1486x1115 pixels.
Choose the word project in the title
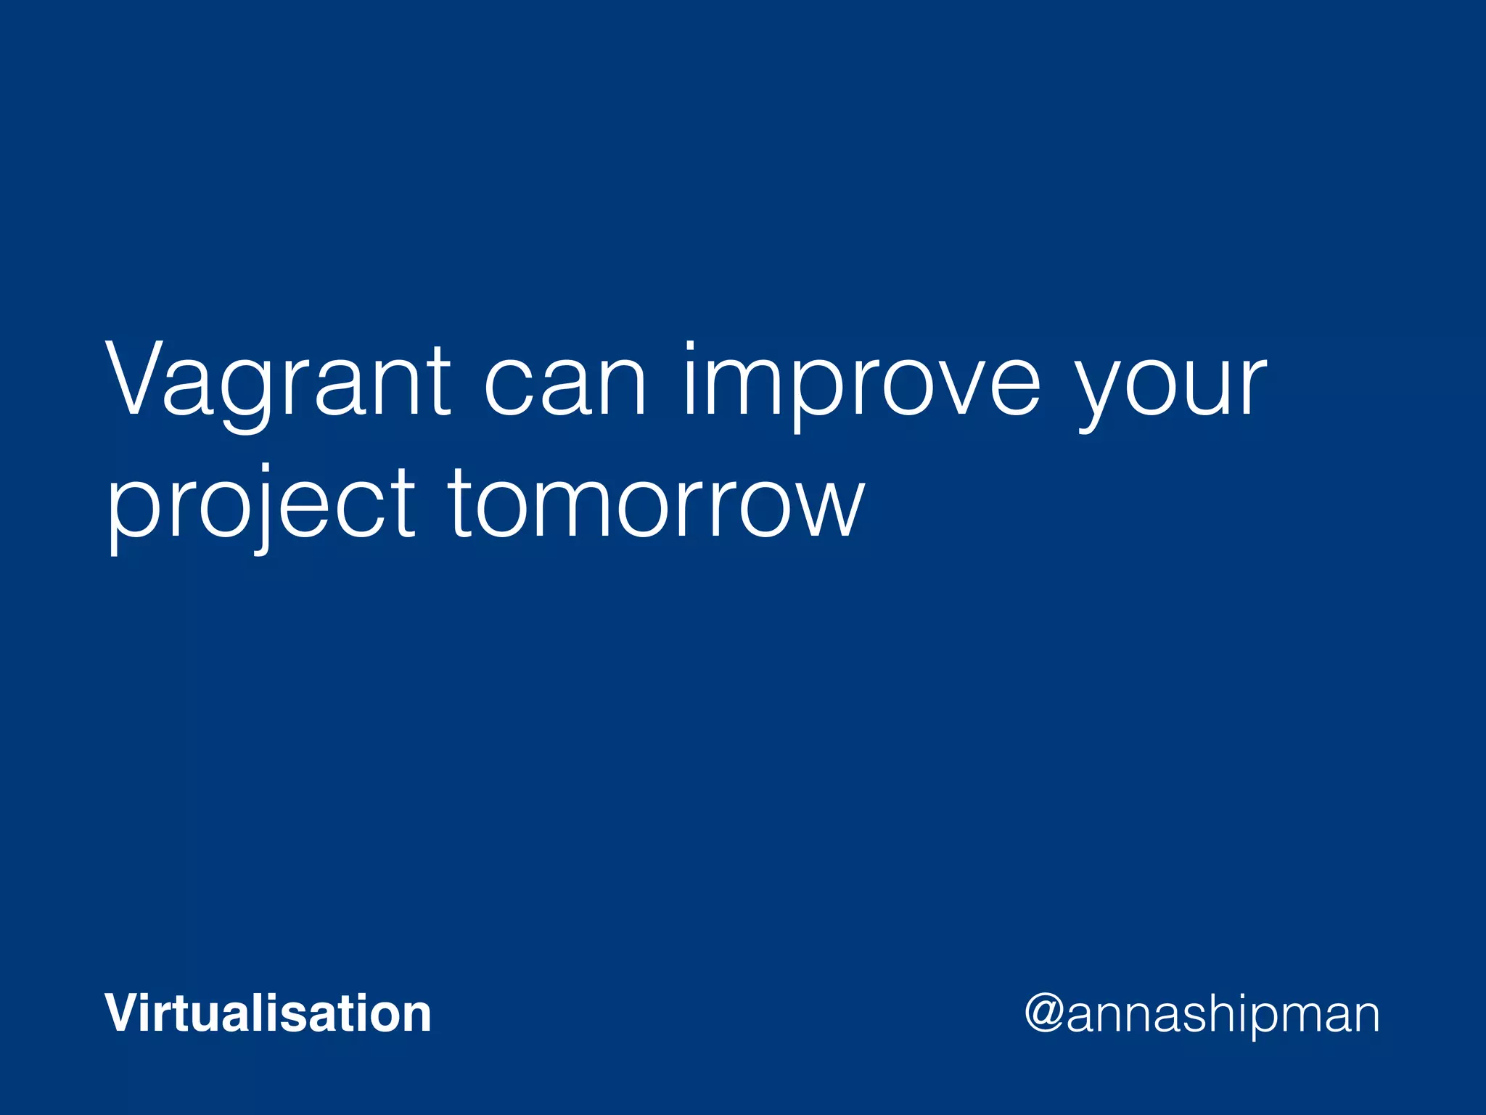click(x=261, y=504)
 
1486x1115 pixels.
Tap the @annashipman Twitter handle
click(x=1202, y=1014)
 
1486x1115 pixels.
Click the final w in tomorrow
click(x=827, y=505)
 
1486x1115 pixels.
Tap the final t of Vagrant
click(x=436, y=381)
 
